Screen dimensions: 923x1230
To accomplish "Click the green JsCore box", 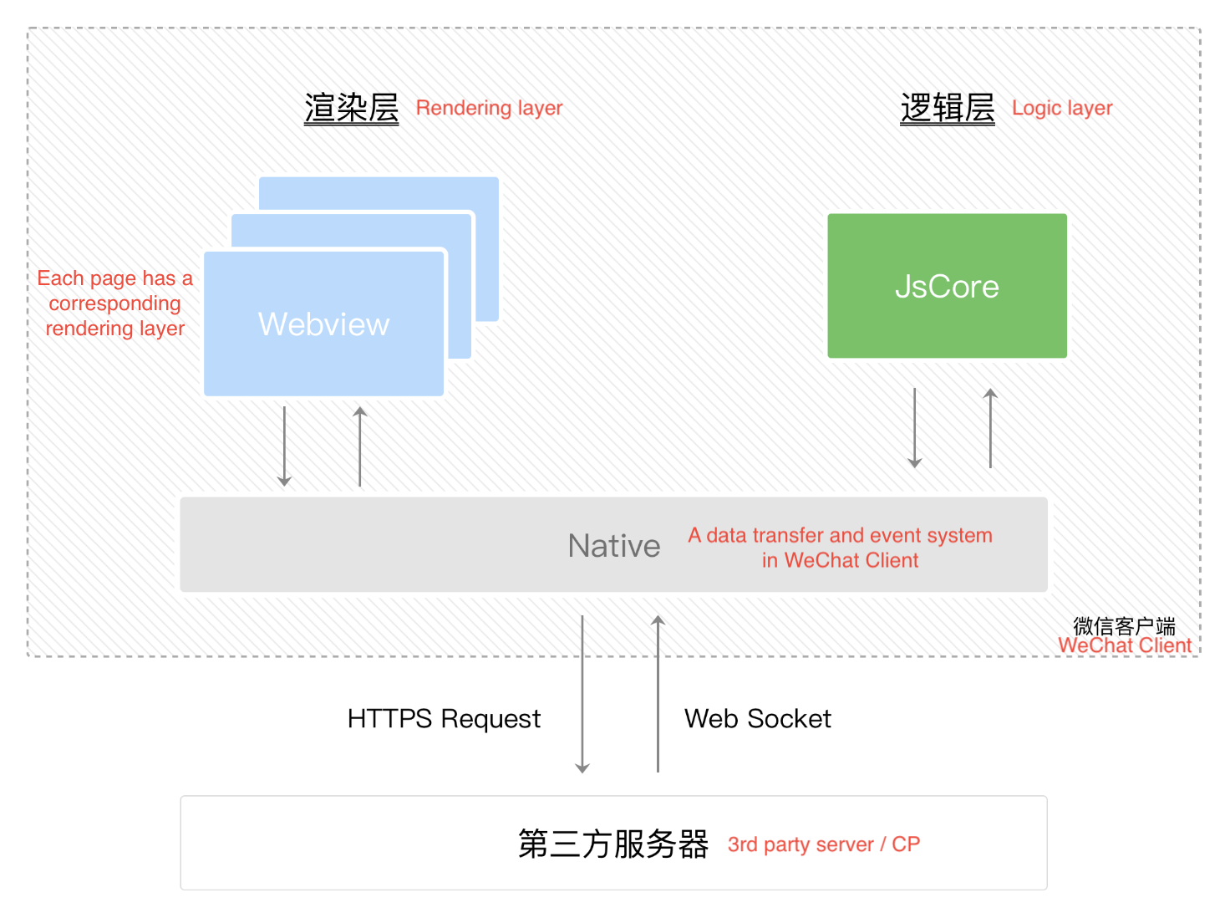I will coord(947,286).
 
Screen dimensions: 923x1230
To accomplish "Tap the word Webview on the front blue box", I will coord(324,324).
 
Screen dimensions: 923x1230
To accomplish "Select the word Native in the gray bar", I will coord(614,546).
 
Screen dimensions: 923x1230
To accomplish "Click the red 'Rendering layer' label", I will coord(489,108).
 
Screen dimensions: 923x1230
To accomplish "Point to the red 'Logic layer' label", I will coord(1062,108).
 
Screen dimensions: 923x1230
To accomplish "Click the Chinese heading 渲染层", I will coord(352,109).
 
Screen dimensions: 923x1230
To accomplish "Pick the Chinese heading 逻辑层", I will coord(948,109).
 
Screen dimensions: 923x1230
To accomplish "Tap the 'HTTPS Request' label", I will coord(444,719).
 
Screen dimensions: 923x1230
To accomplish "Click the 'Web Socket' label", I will coord(758,719).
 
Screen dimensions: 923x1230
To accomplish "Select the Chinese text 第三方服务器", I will coord(613,844).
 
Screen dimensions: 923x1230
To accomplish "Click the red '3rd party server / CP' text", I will coord(823,844).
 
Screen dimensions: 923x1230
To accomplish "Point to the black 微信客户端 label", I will coord(1124,626).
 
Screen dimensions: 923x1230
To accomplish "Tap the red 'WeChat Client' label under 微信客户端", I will coord(1125,645).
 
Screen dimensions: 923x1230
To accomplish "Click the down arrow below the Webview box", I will coord(284,446).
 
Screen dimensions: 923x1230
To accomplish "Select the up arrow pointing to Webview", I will coord(360,446).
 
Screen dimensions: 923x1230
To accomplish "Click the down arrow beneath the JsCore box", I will coord(915,428).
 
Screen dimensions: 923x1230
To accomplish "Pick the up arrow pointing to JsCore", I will coord(990,428).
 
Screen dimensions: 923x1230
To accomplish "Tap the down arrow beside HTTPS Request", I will coord(582,694).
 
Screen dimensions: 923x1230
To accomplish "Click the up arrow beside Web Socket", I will coord(658,694).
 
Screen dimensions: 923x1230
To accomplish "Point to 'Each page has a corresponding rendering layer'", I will coord(115,303).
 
